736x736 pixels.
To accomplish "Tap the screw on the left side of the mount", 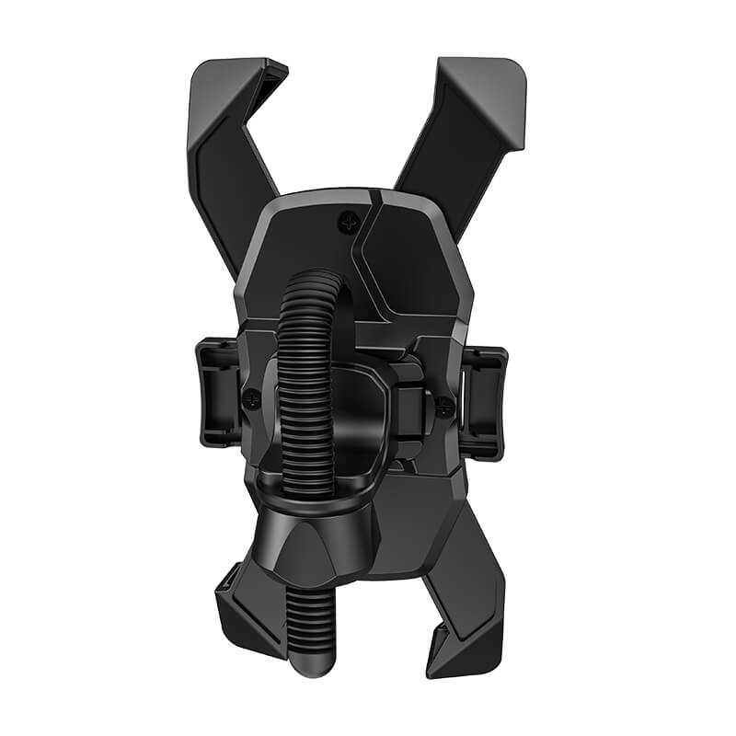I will click(251, 398).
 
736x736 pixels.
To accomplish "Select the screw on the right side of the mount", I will click(444, 404).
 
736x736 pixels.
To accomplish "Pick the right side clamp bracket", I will click(482, 401).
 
